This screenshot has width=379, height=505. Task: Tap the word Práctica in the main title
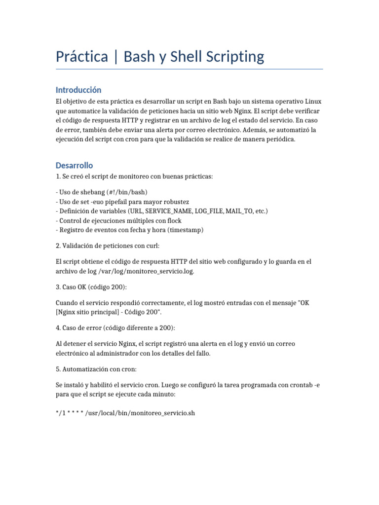pyautogui.click(x=82, y=57)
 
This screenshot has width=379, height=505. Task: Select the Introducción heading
pyautogui.click(x=78, y=90)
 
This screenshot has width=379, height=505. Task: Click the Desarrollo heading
pyautogui.click(x=74, y=165)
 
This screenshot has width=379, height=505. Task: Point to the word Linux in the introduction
pyautogui.click(x=311, y=101)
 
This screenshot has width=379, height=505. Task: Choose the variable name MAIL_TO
pyautogui.click(x=238, y=211)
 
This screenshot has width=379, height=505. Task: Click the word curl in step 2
pyautogui.click(x=151, y=246)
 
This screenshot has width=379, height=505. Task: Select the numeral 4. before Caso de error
pyautogui.click(x=58, y=328)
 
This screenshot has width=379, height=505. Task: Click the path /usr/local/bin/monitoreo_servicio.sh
pyautogui.click(x=140, y=413)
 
